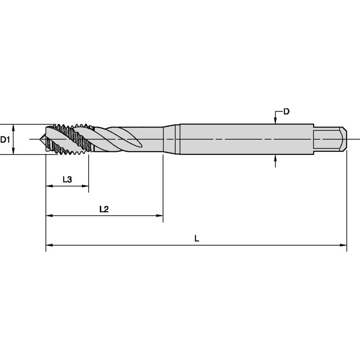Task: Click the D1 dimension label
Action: click(5, 140)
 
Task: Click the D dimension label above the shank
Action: click(286, 112)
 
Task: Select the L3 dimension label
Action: click(67, 180)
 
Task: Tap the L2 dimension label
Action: click(104, 209)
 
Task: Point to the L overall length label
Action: click(196, 239)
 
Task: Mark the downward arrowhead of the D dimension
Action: click(275, 121)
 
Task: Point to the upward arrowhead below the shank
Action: click(275, 157)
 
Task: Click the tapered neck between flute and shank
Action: click(172, 139)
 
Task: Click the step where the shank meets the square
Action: click(314, 139)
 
